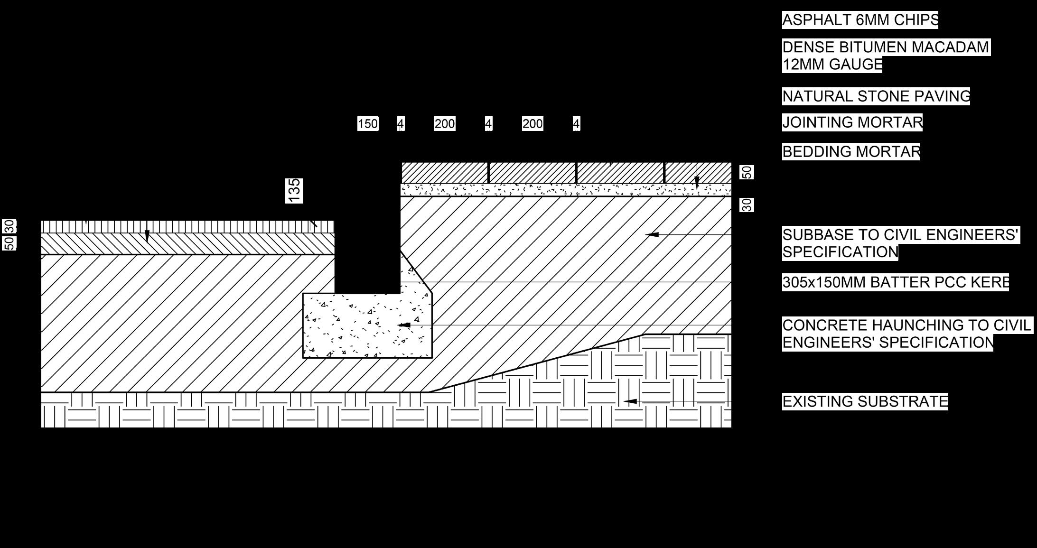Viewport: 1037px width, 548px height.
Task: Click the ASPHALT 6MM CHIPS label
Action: point(860,20)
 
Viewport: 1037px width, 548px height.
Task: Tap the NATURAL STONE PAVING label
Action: point(876,96)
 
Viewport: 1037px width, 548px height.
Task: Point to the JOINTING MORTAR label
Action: point(852,122)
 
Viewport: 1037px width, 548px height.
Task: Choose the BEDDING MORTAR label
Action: point(851,152)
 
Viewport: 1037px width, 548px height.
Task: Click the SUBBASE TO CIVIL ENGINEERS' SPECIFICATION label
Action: point(900,243)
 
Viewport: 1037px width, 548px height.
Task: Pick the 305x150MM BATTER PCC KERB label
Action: point(895,282)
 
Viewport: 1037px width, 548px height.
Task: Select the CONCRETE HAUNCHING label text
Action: point(906,334)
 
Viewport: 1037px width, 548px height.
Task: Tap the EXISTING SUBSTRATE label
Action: point(865,401)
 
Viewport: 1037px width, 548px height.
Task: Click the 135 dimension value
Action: point(294,191)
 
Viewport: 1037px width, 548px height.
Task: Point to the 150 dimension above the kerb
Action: point(368,124)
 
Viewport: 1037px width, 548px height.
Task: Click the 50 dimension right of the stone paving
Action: point(747,172)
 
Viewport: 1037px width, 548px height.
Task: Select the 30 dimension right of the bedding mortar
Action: point(747,205)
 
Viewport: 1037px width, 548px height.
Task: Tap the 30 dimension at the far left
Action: point(10,226)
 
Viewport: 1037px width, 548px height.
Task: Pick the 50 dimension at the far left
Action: point(10,243)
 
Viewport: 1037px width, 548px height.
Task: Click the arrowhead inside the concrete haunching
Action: point(404,325)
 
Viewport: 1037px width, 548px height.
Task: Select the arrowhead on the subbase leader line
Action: point(652,234)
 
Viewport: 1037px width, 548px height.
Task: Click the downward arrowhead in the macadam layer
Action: point(147,236)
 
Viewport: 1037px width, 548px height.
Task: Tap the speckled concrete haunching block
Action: point(361,327)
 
